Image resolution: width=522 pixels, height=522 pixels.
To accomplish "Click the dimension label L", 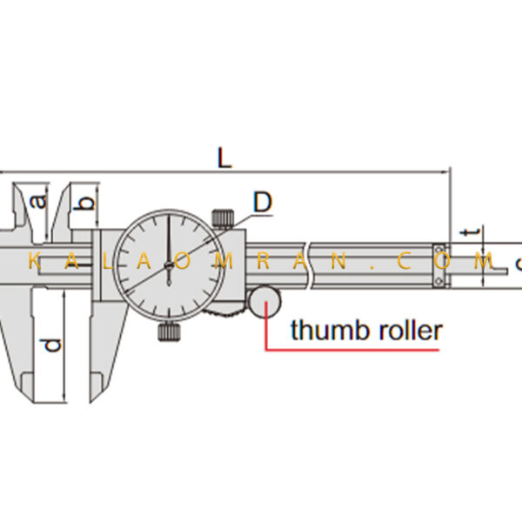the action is [224, 157].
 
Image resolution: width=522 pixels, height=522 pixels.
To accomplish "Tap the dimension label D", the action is [263, 202].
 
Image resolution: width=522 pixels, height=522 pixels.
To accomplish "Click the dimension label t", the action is [472, 231].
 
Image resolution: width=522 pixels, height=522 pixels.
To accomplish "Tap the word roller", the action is [411, 330].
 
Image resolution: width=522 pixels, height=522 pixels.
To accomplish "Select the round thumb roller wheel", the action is [265, 302].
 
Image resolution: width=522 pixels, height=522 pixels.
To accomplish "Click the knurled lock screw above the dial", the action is [223, 218].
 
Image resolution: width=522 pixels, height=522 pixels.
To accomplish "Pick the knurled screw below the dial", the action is [170, 331].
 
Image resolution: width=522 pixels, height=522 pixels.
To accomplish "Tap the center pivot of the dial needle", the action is [169, 265].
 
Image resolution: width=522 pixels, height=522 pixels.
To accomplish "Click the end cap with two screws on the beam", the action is [439, 265].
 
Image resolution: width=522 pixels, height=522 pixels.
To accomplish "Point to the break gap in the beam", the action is [309, 265].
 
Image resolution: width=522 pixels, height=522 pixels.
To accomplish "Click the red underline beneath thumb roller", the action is [351, 350].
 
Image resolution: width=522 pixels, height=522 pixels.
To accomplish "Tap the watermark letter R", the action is [263, 261].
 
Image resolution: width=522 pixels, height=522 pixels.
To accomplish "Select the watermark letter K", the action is [35, 261].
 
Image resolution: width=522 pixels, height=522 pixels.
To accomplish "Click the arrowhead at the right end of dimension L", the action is [445, 172].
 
